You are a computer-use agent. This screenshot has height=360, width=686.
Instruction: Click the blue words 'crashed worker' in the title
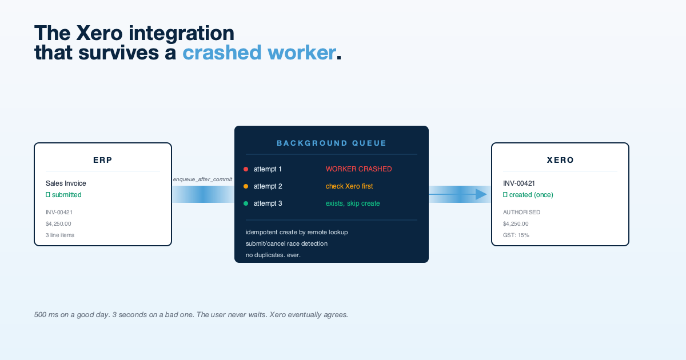coord(259,53)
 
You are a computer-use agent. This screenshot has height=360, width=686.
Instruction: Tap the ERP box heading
coord(103,161)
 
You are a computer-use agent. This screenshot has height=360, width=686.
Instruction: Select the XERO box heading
coord(560,161)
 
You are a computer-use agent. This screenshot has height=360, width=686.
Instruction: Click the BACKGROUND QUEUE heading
coord(332,143)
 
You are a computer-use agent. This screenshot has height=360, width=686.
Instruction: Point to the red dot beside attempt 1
coord(246,169)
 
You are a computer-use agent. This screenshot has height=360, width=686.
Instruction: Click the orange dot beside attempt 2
coord(246,186)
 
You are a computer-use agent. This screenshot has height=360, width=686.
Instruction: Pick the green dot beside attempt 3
coord(246,203)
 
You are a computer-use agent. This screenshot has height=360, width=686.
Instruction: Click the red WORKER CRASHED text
coord(358,169)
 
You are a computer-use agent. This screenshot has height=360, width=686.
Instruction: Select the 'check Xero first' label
coord(349,186)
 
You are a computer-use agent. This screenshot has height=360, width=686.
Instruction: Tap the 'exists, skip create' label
coord(352,203)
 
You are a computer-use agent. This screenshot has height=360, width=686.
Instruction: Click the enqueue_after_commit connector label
coord(202,179)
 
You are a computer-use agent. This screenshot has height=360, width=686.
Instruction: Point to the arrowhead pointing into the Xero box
coord(481,195)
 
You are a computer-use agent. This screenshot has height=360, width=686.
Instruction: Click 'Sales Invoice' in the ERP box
coord(66,183)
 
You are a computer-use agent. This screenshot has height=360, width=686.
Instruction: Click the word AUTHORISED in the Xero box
coord(521,213)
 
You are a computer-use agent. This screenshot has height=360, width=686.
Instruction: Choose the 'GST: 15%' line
coord(516,235)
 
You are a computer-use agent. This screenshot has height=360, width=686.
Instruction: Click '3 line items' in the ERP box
coord(60,235)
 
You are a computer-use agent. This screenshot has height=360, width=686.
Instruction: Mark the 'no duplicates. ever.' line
coord(273,255)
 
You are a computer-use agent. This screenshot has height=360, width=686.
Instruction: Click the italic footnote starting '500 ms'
coord(191,315)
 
